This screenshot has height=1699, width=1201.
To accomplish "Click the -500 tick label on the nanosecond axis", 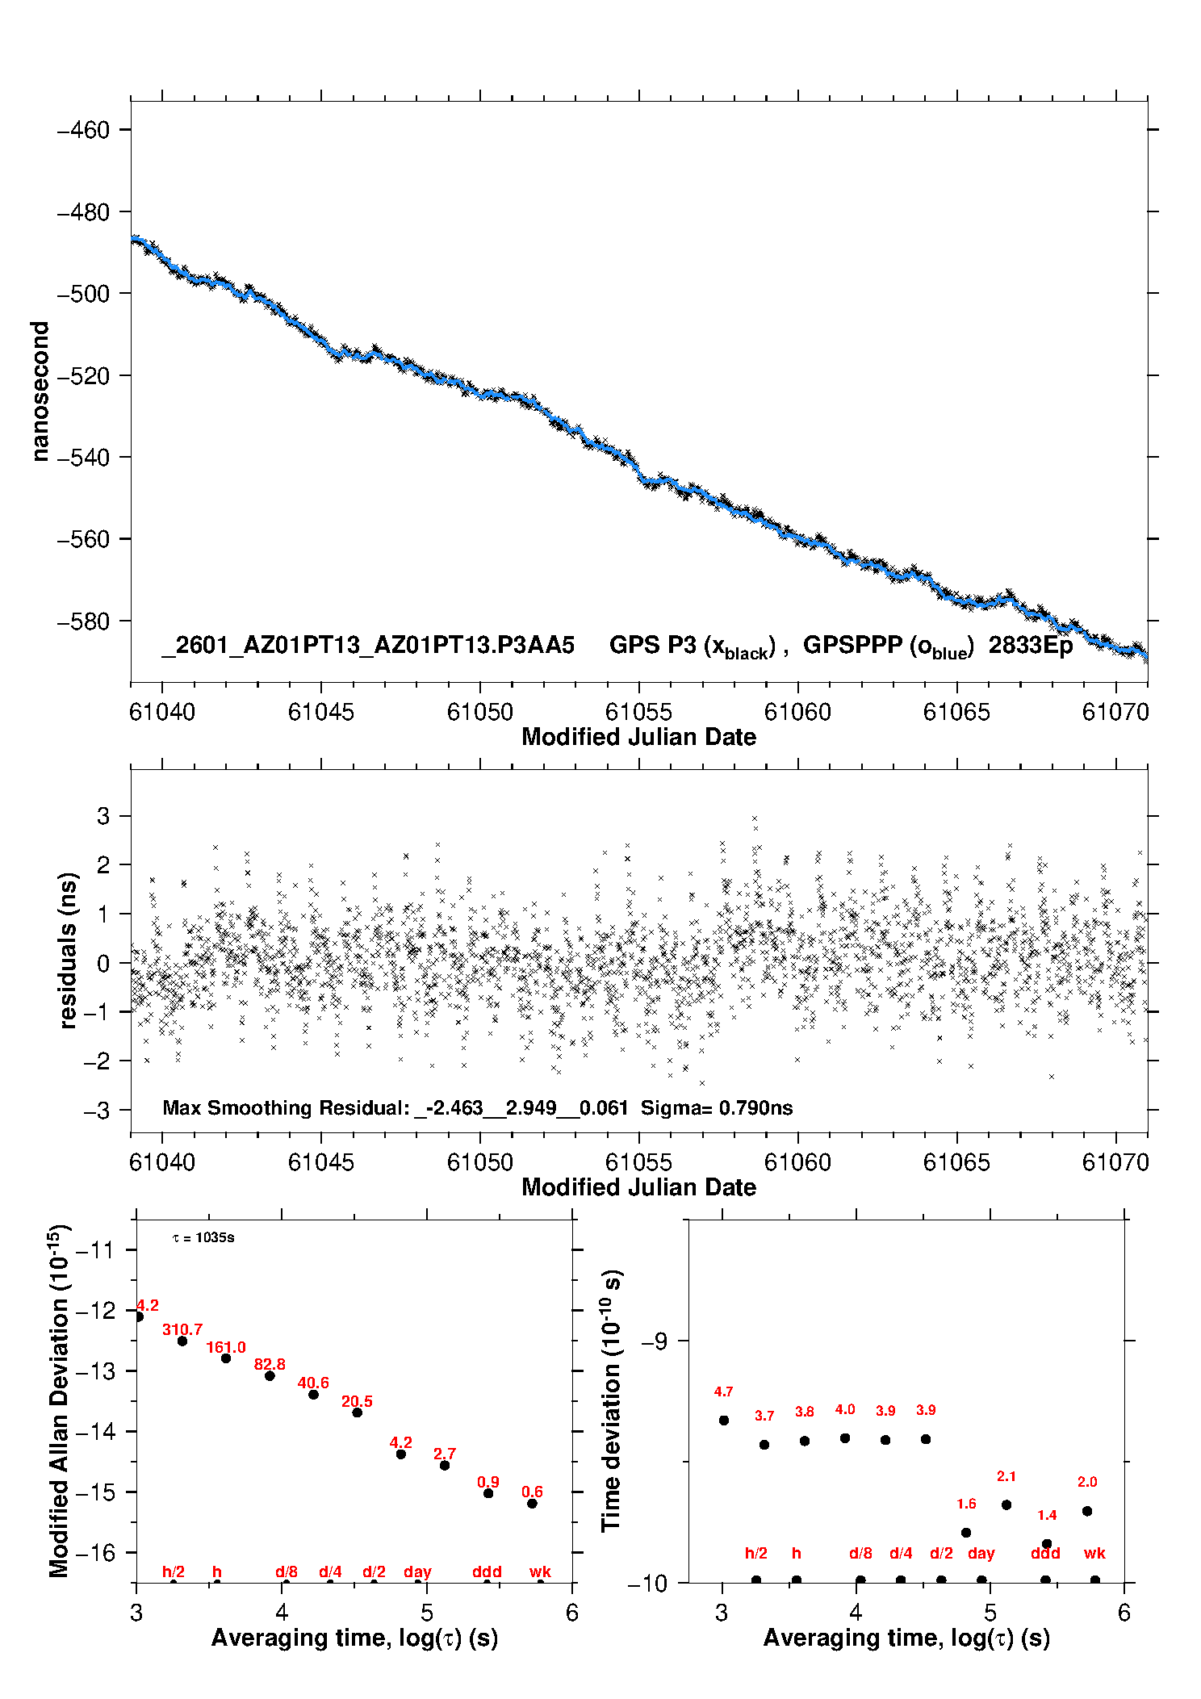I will [83, 294].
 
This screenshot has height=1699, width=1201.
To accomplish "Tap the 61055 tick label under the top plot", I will [638, 712].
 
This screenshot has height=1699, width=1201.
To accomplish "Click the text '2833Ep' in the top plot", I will [1031, 646].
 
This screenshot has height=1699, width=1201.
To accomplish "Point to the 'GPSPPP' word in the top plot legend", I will [852, 646].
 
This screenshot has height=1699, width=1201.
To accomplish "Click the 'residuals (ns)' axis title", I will [68, 950].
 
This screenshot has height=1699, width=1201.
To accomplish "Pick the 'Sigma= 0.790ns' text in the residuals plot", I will [717, 1108].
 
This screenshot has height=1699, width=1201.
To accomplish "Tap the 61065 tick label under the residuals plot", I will [956, 1162].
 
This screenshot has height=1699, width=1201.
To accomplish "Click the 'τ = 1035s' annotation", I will [203, 1238].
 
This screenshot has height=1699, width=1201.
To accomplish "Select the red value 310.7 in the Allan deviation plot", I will [182, 1329].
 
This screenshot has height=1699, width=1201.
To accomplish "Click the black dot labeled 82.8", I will [270, 1375].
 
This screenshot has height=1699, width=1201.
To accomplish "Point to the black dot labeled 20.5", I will [357, 1412].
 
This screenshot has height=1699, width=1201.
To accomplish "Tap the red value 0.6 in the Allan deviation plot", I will [532, 1492].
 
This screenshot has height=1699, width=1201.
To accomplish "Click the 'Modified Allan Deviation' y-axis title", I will [59, 1400].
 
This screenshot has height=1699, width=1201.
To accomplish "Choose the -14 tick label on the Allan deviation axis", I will [95, 1432].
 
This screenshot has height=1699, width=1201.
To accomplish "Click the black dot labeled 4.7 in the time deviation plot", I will [724, 1421].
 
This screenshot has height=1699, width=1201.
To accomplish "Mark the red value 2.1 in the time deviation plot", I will [1006, 1476].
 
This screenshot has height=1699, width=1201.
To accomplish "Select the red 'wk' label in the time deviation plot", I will [1094, 1553].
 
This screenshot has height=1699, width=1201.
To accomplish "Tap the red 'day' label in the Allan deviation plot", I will [417, 1571].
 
